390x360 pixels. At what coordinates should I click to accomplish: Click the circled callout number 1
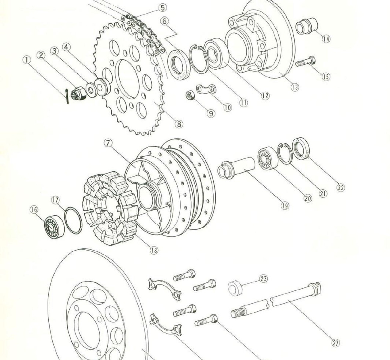click(27, 60)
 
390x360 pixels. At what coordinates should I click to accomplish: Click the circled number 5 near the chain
click(162, 7)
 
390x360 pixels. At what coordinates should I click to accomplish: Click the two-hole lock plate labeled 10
click(206, 89)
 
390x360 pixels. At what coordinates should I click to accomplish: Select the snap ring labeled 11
click(198, 58)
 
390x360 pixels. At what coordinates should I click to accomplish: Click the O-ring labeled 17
click(73, 220)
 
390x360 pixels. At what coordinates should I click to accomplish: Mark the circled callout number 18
click(154, 250)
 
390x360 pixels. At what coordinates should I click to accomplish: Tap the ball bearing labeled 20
click(268, 158)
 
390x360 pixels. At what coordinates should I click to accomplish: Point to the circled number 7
click(108, 143)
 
